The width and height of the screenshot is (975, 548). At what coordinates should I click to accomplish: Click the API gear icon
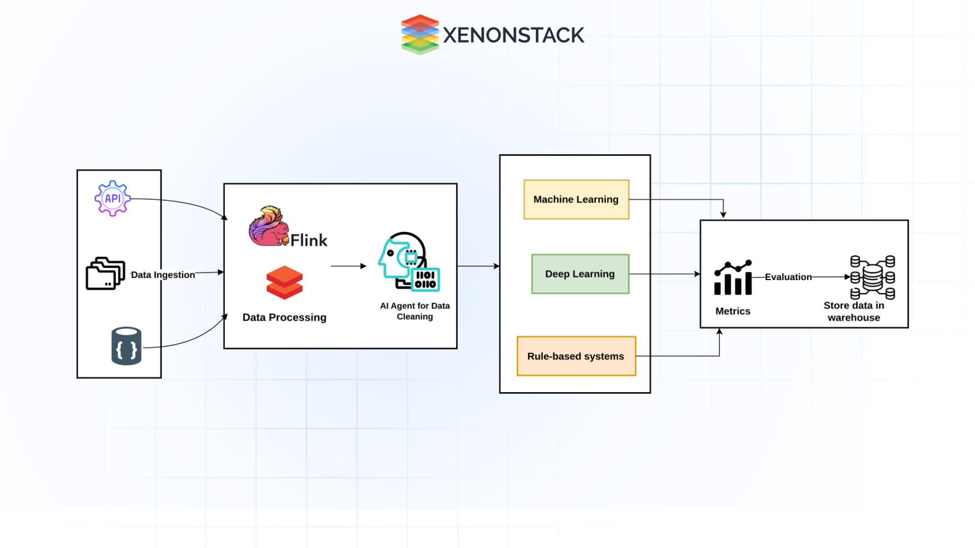pos(112,198)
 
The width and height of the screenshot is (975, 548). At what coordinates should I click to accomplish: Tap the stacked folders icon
pos(105,273)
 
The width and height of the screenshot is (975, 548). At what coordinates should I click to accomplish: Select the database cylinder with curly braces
pos(126,346)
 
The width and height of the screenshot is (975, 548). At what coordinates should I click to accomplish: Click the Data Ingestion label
pos(163,275)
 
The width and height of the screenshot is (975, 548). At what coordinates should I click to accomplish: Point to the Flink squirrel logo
pos(268,226)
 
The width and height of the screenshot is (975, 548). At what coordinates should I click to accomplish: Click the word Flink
pos(309,240)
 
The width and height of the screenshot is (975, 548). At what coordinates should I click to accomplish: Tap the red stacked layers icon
pos(284,283)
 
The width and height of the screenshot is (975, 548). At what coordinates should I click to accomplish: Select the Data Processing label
pos(284,318)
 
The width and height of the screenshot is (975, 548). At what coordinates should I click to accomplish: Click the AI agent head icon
pos(408,262)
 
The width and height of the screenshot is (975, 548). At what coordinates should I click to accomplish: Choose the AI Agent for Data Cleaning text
pos(415,311)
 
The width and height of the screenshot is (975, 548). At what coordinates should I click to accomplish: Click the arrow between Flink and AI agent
pos(348,266)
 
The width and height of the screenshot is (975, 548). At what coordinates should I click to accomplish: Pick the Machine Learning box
pos(576,199)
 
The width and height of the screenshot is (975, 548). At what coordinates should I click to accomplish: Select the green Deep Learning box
pos(580,274)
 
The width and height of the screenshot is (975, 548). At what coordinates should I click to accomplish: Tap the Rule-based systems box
pos(576,356)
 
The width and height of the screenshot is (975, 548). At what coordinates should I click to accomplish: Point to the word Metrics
pos(733,311)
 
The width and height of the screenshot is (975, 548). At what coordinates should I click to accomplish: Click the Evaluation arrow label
pos(788,277)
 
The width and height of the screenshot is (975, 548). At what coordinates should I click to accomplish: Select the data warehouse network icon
pos(872,277)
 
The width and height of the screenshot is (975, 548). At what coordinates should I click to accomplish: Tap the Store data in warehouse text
pos(854,312)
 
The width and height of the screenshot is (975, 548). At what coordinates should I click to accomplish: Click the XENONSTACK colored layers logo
pos(420,35)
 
